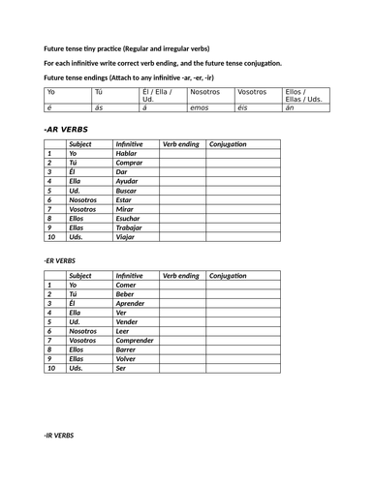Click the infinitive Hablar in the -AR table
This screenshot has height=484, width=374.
tap(128, 153)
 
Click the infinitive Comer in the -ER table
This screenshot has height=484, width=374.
tap(127, 286)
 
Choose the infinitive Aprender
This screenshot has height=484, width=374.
tap(132, 304)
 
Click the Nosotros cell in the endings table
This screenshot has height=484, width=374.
tap(206, 93)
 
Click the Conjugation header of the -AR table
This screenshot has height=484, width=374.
tap(229, 143)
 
